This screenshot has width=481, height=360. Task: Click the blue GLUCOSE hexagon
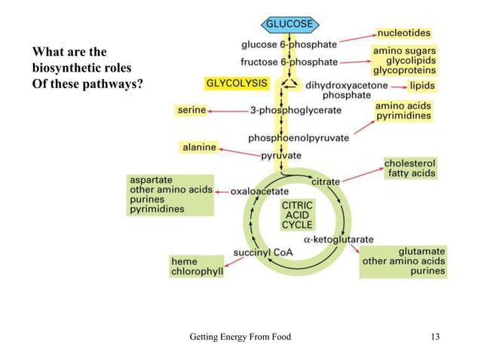point(289,24)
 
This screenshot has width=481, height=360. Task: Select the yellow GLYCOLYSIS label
point(237,81)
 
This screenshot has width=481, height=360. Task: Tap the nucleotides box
point(404,33)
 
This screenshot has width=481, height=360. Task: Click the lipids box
point(422,86)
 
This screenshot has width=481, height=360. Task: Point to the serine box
point(191,110)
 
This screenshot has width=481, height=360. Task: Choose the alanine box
point(199,148)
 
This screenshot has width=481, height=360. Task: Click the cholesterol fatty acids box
point(410,168)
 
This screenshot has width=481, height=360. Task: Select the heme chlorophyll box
point(197,266)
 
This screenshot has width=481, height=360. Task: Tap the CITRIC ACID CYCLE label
point(297,214)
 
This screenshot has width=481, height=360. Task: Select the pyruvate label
point(281,156)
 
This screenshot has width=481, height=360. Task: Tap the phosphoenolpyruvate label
point(299,138)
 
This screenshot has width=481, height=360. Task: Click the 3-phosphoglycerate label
point(296,110)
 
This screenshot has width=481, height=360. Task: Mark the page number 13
point(434,337)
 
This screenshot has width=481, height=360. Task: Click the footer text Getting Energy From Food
point(240,337)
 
